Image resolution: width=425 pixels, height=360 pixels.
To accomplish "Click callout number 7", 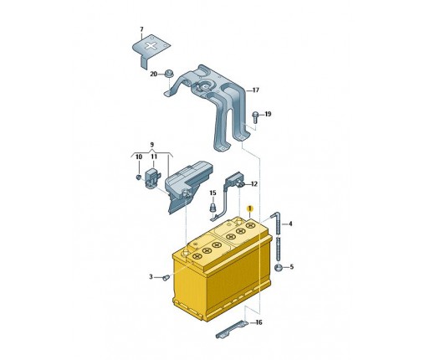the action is pyautogui.click(x=141, y=29).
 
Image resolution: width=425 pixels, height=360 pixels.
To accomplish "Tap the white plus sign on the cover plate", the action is pyautogui.click(x=151, y=46).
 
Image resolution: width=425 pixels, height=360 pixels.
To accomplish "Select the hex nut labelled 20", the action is pyautogui.click(x=168, y=74).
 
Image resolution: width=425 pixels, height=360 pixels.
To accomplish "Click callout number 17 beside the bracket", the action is pyautogui.click(x=256, y=90).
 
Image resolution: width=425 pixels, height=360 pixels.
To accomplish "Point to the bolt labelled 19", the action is pyautogui.click(x=255, y=117).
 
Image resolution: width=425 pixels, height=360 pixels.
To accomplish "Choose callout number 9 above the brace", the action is pyautogui.click(x=151, y=145).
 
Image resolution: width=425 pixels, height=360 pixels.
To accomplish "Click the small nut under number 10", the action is pyautogui.click(x=138, y=177).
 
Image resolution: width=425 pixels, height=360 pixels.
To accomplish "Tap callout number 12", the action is pyautogui.click(x=254, y=184).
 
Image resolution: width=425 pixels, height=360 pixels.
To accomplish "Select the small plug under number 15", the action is pyautogui.click(x=213, y=208).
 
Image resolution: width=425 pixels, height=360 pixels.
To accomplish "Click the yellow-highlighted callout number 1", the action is pyautogui.click(x=250, y=208).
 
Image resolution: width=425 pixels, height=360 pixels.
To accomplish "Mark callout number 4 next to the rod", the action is pyautogui.click(x=290, y=224).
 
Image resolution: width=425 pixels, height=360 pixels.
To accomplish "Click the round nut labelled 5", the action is pyautogui.click(x=279, y=267).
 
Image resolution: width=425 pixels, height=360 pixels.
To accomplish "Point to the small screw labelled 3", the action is pyautogui.click(x=166, y=278).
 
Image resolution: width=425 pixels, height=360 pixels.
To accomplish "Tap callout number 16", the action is pyautogui.click(x=259, y=322).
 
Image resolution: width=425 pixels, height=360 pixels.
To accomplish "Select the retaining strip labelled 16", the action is pyautogui.click(x=231, y=329).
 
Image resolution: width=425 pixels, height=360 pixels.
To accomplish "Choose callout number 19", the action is pyautogui.click(x=268, y=114).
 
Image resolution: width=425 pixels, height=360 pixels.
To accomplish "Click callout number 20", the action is pyautogui.click(x=154, y=75).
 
